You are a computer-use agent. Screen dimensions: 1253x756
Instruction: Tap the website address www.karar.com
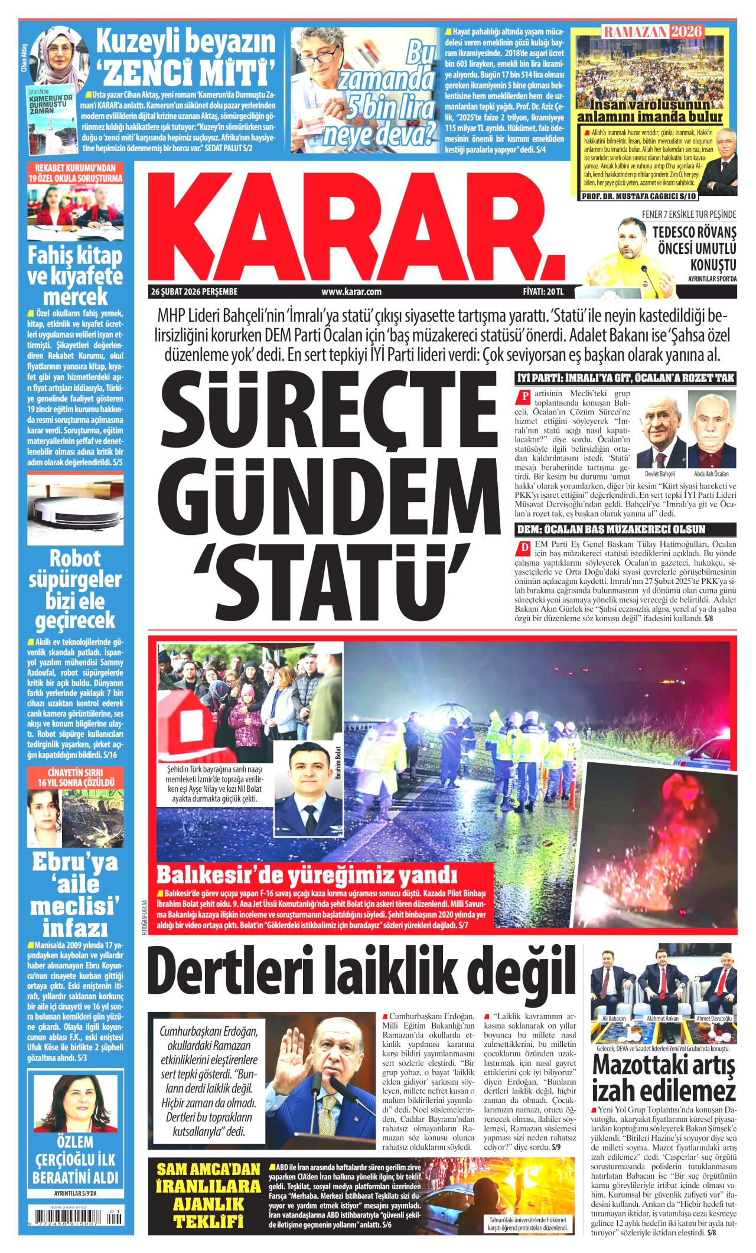351,292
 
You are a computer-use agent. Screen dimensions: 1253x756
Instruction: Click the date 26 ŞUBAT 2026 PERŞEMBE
194,292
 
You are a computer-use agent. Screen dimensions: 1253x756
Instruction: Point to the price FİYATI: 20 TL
543,292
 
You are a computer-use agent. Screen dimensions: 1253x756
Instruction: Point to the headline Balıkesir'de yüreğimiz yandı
307,875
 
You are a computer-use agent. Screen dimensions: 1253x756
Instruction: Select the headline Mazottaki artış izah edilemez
664,1078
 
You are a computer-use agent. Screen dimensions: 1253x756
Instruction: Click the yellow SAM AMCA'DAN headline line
208,1169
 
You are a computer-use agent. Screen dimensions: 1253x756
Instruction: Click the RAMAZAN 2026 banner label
653,31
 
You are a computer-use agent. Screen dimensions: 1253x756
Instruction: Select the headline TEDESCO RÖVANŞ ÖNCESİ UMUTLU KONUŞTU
694,248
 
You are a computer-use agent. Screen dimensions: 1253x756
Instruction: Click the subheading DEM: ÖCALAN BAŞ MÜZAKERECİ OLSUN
611,529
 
